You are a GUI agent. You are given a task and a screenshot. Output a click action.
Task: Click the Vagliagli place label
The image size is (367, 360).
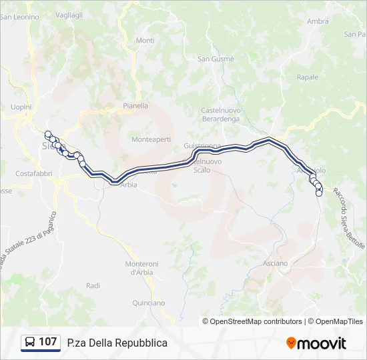[69, 15]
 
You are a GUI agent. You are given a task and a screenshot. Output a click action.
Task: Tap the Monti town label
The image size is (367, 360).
[145, 41]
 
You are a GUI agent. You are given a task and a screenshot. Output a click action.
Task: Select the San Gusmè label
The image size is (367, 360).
[216, 59]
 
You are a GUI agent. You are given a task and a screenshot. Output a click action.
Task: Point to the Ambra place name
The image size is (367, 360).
[318, 21]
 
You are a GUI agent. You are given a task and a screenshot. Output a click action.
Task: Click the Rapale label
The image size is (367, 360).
[307, 77]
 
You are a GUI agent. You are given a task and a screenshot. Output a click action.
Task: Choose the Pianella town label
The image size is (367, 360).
[135, 105]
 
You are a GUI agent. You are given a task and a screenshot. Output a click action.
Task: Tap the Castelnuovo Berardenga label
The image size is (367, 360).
[220, 114]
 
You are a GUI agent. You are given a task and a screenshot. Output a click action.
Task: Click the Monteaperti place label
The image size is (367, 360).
[151, 139]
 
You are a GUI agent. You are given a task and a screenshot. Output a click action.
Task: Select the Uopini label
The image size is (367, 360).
[21, 107]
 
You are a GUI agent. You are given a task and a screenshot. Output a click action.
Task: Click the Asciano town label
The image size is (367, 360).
[275, 263]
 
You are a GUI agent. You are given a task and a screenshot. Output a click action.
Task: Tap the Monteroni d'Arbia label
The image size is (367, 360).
[141, 268]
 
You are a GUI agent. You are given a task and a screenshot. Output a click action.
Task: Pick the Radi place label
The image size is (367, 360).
[93, 285]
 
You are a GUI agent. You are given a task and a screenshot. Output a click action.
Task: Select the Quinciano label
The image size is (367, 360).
[148, 303]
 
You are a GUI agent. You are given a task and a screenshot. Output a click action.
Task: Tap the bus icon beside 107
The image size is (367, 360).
[31, 343]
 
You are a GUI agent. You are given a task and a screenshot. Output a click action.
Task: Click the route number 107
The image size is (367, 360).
[47, 343]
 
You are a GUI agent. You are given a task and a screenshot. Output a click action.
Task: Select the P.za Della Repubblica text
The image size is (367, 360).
[117, 343]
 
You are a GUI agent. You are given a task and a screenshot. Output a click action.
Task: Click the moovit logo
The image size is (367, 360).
[316, 343]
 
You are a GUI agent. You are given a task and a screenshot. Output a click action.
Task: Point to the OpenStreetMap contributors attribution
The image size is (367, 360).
[256, 321]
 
